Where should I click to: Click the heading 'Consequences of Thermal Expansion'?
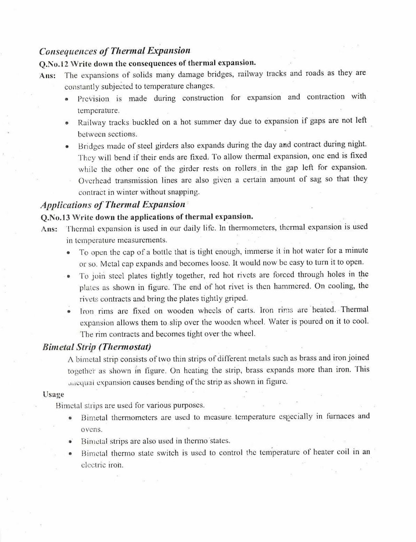pos(115,51)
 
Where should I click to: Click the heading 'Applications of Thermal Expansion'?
pos(113,205)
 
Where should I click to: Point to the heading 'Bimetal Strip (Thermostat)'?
pos(97,347)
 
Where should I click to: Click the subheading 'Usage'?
pos(54,394)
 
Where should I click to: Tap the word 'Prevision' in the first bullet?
pos(93,99)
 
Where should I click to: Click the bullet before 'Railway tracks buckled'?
pos(67,123)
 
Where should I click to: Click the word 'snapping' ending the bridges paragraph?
pos(185,192)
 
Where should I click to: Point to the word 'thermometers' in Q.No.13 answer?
pos(253,228)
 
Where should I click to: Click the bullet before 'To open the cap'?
pos(68,252)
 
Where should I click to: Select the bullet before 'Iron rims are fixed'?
pos(69,311)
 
